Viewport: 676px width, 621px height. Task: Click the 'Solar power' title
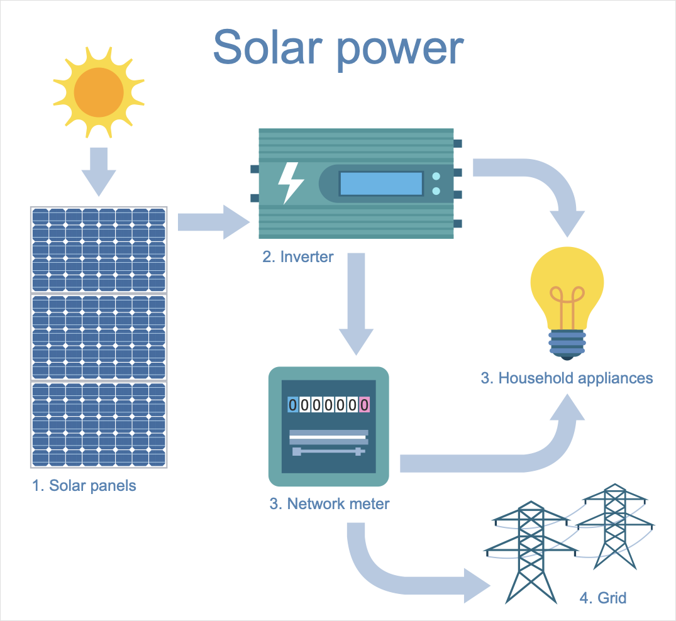pos(338,49)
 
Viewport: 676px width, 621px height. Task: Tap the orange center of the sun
pos(99,92)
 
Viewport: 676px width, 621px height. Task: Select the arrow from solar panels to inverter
pos(214,222)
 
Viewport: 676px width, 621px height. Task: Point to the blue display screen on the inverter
pos(381,183)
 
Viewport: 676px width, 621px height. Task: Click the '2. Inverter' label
pos(298,257)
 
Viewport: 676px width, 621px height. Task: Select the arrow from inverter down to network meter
pos(356,304)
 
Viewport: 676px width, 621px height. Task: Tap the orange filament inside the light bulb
pos(567,307)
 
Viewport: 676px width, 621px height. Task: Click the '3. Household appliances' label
pos(567,378)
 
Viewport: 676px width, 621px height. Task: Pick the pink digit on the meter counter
pos(364,405)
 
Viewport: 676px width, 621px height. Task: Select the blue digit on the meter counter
pos(293,405)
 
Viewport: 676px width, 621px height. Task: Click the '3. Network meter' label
pos(330,503)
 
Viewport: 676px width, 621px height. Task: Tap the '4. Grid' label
pos(602,598)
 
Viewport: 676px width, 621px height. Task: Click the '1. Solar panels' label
pos(84,486)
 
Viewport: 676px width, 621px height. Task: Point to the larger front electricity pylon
pos(531,552)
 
